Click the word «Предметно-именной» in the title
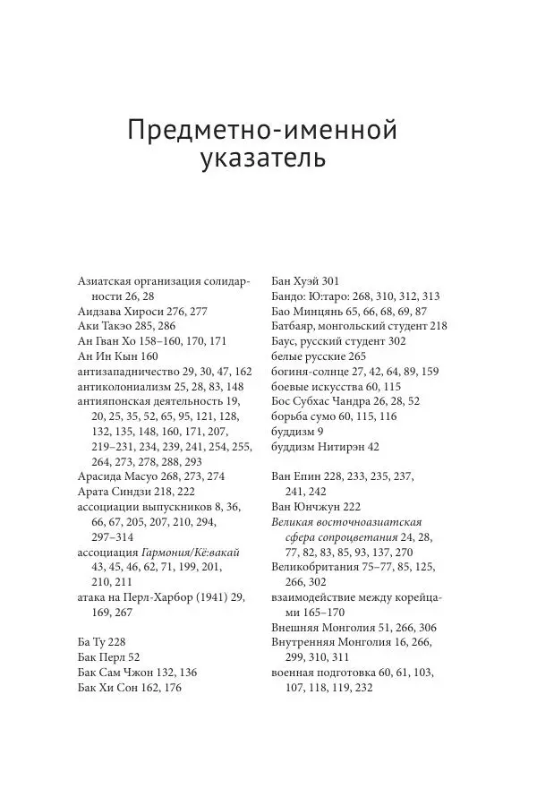point(261,131)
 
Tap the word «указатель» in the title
point(261,162)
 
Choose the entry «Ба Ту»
point(94,642)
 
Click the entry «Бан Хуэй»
point(297,280)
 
